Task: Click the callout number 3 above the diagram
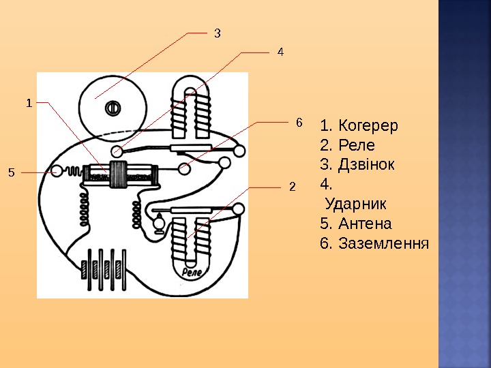click(x=218, y=32)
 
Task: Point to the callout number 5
click(x=11, y=172)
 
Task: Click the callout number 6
click(x=298, y=123)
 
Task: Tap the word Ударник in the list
click(x=356, y=204)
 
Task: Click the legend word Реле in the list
click(x=357, y=146)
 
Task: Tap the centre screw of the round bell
click(x=113, y=106)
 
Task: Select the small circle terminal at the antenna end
click(x=57, y=170)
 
